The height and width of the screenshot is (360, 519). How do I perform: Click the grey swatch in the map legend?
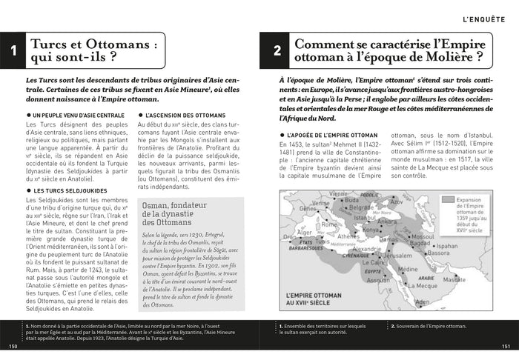(449, 199)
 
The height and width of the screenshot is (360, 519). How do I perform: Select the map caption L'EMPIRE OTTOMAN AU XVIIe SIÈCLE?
(321, 304)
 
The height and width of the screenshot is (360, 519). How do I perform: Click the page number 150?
(12, 346)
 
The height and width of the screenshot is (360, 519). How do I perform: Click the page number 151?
(506, 346)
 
